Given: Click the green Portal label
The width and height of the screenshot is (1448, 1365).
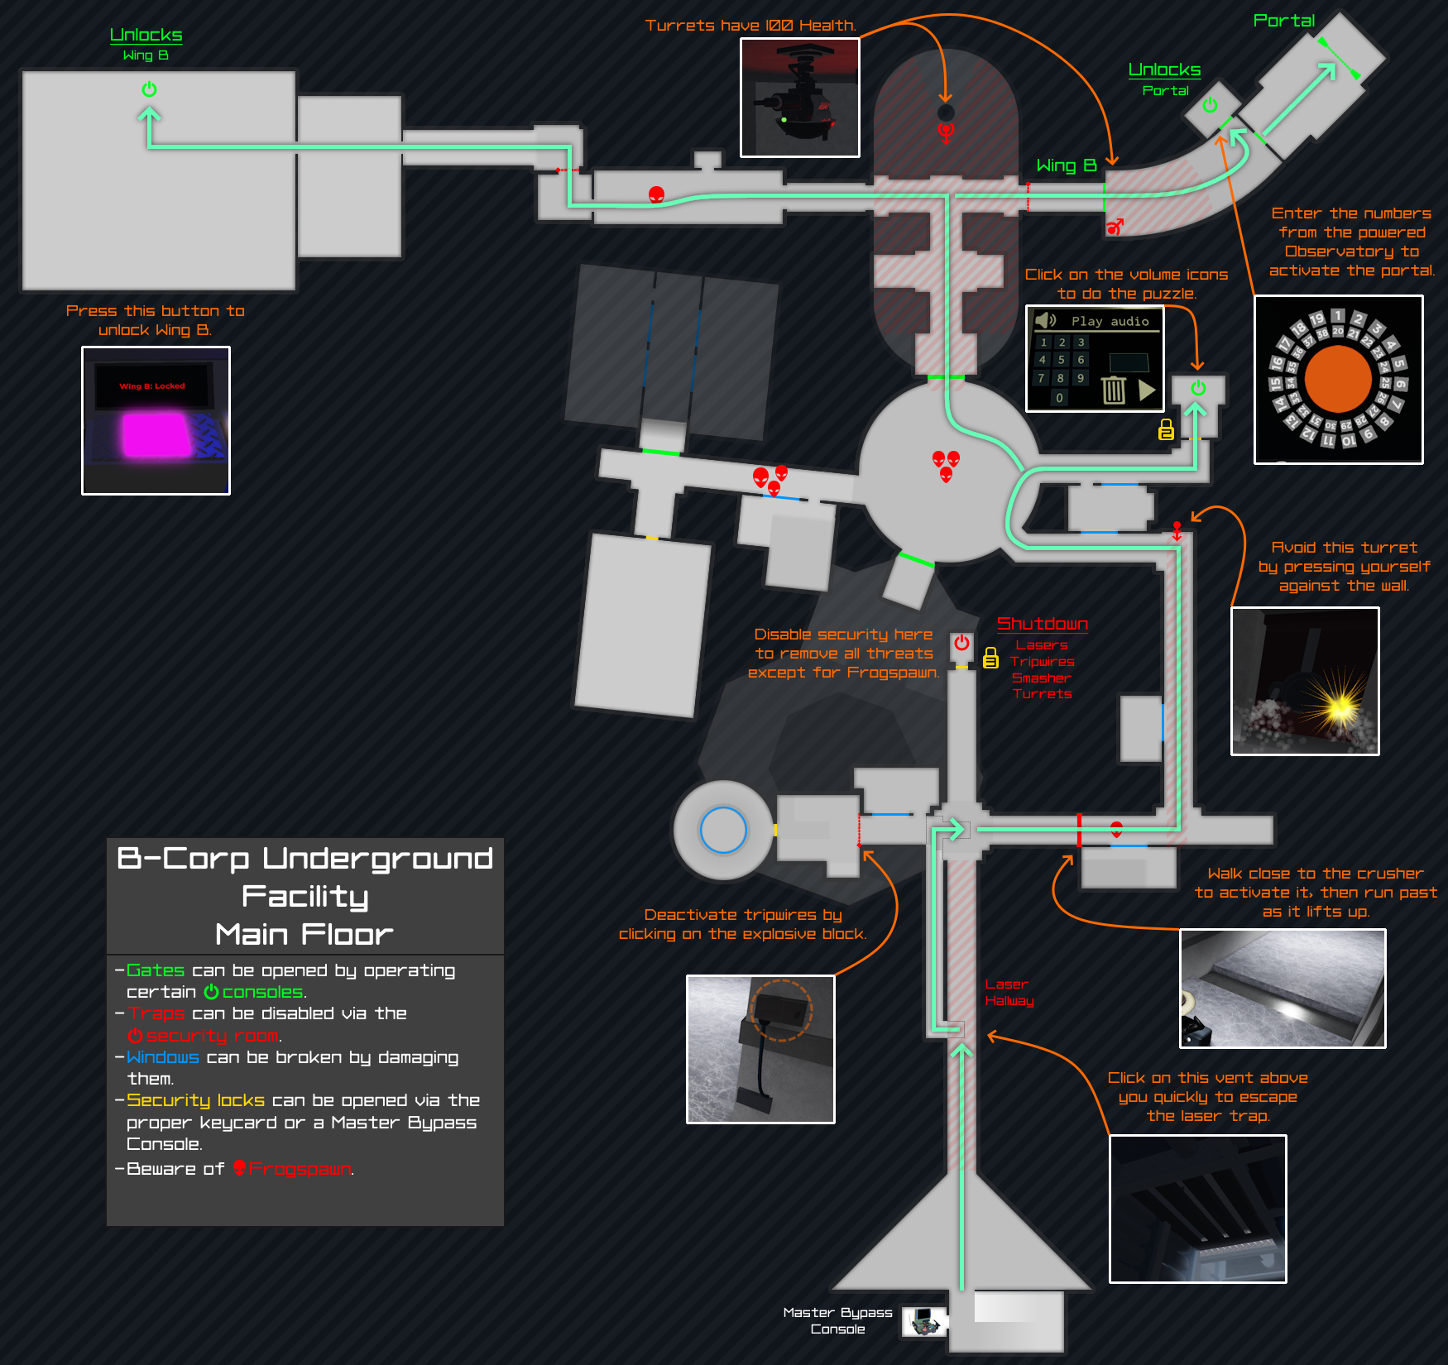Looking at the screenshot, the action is coord(1283,21).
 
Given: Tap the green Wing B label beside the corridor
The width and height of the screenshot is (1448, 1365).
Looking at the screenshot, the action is coord(1066,165).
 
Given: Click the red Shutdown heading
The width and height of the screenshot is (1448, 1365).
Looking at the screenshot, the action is coord(1042,624).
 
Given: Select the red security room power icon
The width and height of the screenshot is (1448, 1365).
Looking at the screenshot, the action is coord(961,643).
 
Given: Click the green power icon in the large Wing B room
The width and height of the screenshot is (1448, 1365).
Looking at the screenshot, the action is coord(149,89).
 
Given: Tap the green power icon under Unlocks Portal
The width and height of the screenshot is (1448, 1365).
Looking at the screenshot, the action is coord(1210,105).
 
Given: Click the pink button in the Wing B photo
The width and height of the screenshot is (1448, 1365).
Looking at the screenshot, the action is coord(156,434).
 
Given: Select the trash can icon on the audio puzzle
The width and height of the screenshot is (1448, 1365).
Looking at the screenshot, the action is coord(1114,389).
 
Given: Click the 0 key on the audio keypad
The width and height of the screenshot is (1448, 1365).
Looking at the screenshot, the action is coord(1059,398).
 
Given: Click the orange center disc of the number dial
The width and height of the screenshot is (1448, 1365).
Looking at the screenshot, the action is coord(1337,379).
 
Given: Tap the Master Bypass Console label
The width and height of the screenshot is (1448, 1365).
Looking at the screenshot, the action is coord(837,1320).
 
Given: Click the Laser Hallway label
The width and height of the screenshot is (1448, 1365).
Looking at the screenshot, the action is coord(1009,992).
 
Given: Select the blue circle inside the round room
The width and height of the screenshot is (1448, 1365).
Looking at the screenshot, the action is coord(723,830).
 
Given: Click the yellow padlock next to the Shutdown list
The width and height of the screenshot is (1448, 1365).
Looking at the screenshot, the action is coord(990,658).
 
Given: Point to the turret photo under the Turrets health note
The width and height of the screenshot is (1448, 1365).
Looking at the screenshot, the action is coord(799,98).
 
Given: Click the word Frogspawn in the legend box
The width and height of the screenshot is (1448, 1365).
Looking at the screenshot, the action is coord(300,1169).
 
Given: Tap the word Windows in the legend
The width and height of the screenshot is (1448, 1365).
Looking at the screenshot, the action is coord(163,1057).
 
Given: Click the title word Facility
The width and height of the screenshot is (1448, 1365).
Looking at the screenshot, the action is coord(304,897).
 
